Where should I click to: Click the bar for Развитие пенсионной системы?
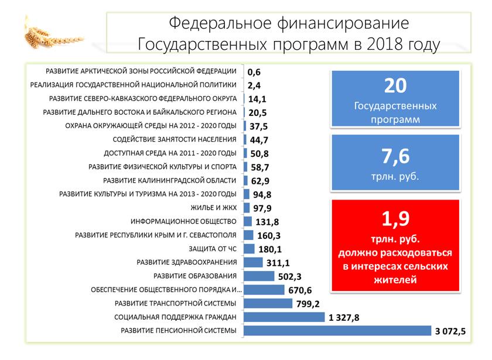(x=337, y=331)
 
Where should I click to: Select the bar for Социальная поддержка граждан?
(x=283, y=317)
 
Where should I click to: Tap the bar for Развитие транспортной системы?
(x=268, y=303)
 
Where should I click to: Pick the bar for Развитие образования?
(x=258, y=276)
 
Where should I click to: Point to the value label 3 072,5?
(x=450, y=332)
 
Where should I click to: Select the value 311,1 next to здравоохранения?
(x=278, y=263)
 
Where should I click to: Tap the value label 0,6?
(x=254, y=72)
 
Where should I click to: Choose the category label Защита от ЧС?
(x=216, y=249)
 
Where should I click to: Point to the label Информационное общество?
(x=183, y=221)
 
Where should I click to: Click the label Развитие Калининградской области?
(x=170, y=180)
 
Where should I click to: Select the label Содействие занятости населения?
(x=175, y=139)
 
